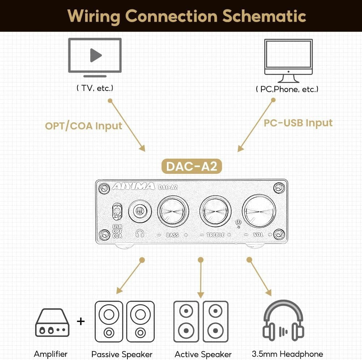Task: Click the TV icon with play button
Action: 95,56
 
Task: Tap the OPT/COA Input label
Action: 84,126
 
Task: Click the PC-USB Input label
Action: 298,123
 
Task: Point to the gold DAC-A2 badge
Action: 191,166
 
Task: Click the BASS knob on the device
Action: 173,212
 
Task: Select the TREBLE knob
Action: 216,212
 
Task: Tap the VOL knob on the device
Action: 259,212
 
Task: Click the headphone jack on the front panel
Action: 139,210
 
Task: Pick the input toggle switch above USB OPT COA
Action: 117,212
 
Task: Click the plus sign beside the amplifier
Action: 81,321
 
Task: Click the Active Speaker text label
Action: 203,354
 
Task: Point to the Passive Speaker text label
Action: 122,354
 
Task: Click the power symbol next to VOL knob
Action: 238,223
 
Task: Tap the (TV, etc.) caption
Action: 95,88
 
